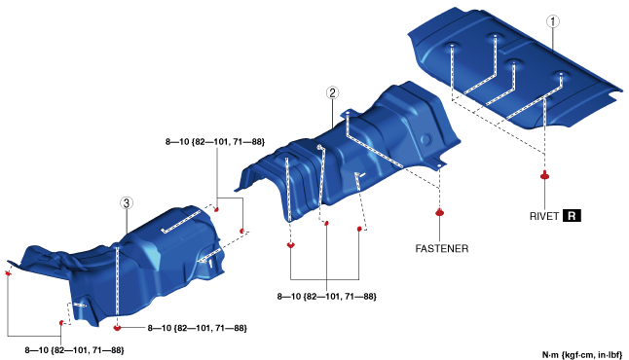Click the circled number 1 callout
553,21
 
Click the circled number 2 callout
332,93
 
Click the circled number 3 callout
127,203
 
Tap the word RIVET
544,216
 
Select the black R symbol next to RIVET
572,216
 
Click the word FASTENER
442,248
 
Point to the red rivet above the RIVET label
544,175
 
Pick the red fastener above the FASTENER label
440,212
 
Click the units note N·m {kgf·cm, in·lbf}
582,354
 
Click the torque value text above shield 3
215,141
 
